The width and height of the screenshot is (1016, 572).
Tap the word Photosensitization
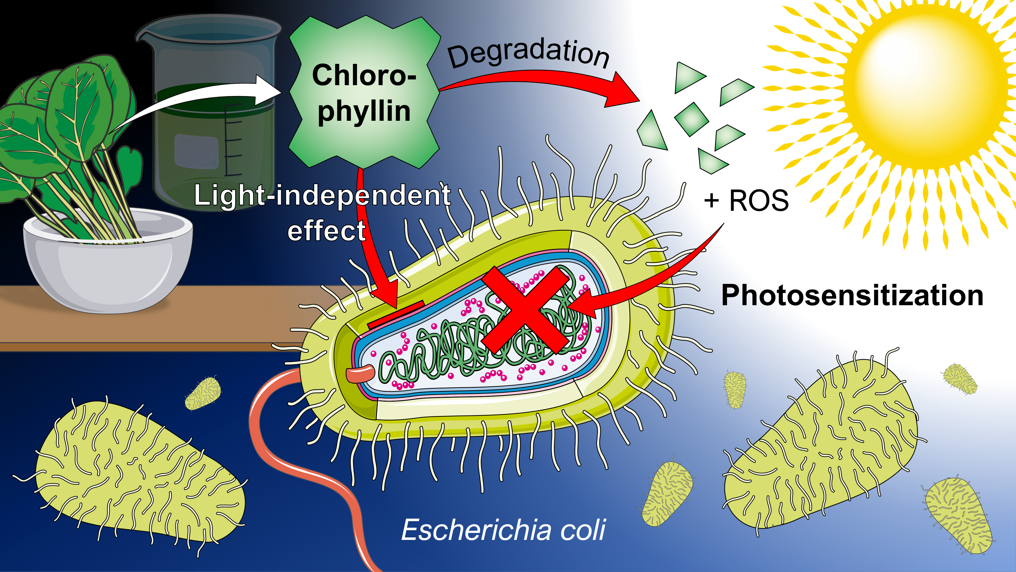click(x=852, y=295)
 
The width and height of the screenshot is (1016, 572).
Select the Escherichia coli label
click(x=503, y=530)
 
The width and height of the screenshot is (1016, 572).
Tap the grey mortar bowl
click(x=108, y=264)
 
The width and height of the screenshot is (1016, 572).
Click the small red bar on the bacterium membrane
click(x=395, y=315)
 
